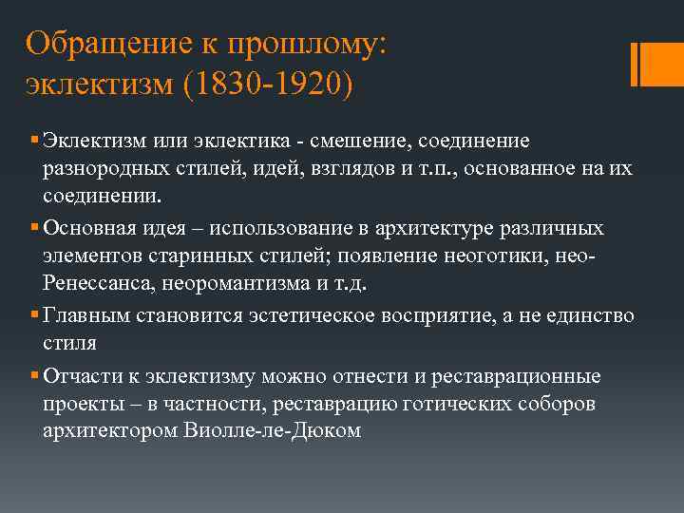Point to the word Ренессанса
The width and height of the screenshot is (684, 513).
pos(99,285)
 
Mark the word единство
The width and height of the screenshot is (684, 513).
pos(590,315)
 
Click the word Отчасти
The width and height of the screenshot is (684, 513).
pos(80,375)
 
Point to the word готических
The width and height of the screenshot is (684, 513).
pos(446,404)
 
